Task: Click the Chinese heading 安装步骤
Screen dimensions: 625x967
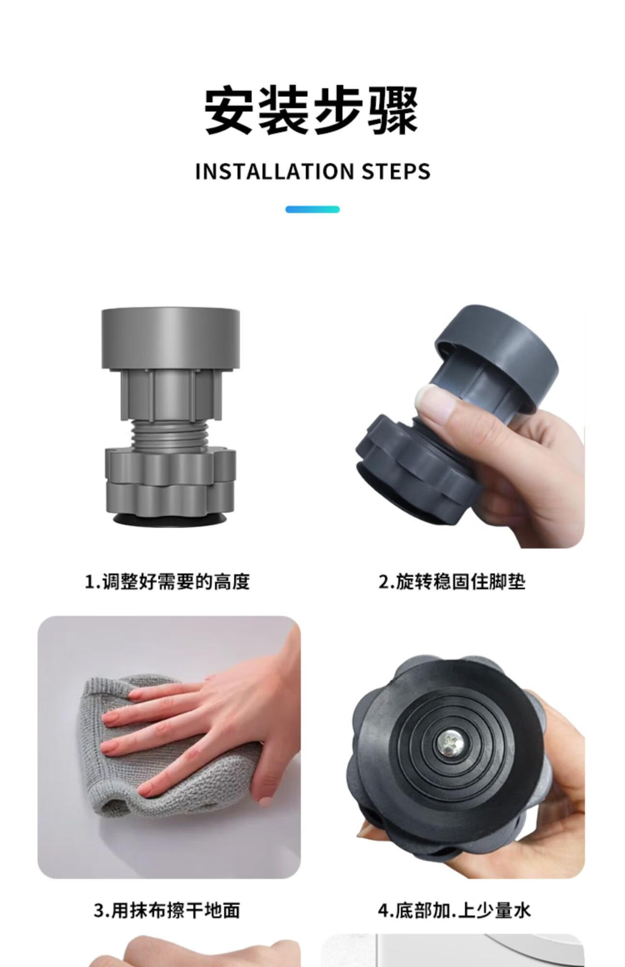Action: pyautogui.click(x=312, y=110)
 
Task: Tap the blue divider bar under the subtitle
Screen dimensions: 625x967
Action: pyautogui.click(x=312, y=209)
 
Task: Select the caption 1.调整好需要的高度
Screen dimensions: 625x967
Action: pyautogui.click(x=167, y=581)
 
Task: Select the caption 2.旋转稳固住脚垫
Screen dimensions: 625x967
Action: pyautogui.click(x=452, y=581)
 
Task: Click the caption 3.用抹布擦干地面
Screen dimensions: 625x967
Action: pyautogui.click(x=167, y=911)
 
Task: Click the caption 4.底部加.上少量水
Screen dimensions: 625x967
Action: pyautogui.click(x=454, y=911)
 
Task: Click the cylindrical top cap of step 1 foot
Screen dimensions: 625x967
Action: pyautogui.click(x=170, y=338)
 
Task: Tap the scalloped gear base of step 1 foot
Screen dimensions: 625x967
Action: pyautogui.click(x=170, y=482)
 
